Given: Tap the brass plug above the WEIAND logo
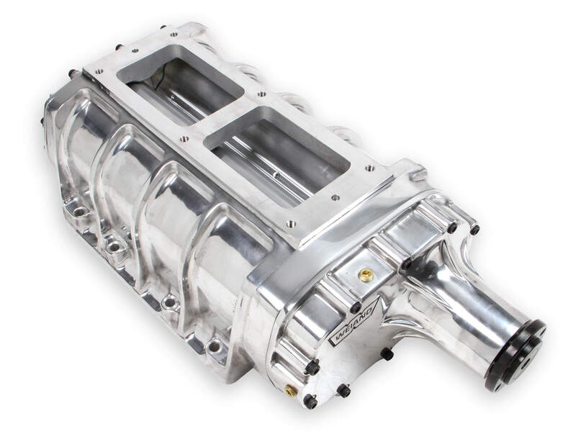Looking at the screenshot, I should point(366,274).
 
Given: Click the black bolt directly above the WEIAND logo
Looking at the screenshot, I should point(355,306).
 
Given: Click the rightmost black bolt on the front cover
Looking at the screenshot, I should point(474,230).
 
